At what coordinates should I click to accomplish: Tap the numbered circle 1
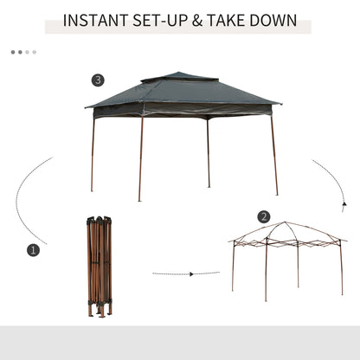(x=34, y=250)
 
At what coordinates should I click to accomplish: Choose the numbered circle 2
(x=264, y=216)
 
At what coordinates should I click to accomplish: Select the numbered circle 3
(x=98, y=80)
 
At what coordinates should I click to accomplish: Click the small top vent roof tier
(x=179, y=78)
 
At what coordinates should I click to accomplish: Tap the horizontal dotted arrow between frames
(x=185, y=273)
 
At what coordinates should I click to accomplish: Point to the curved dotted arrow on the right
(x=333, y=182)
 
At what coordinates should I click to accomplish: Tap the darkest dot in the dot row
(x=13, y=52)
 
